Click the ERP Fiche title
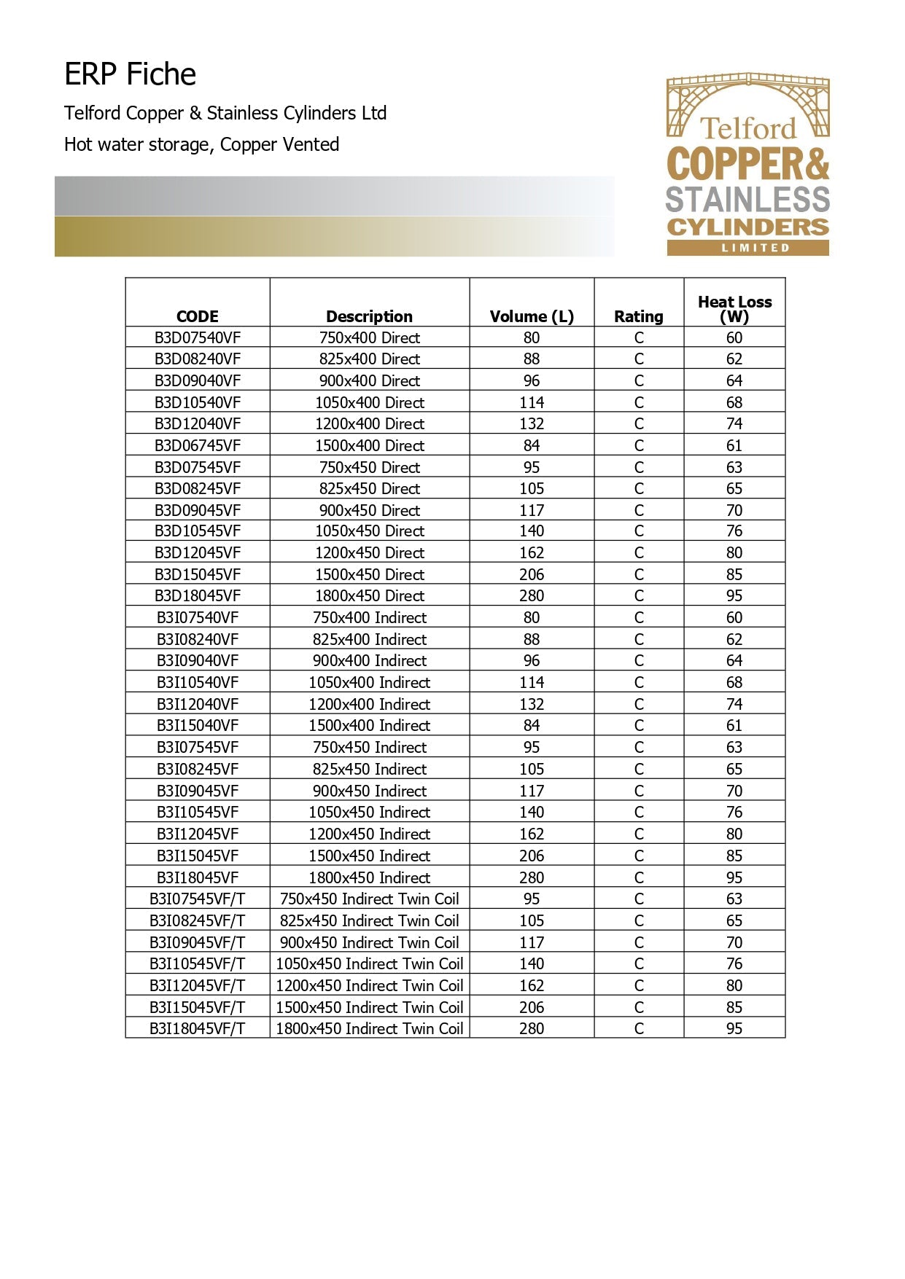[130, 74]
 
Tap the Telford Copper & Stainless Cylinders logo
[747, 163]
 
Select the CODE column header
[197, 316]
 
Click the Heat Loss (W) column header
[734, 309]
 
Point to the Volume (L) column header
[532, 316]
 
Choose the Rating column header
[638, 316]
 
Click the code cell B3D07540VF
[197, 337]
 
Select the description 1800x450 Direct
[369, 595]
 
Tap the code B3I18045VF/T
[197, 1028]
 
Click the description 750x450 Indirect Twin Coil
[369, 899]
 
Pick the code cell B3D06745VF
[197, 445]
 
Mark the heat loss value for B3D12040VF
[734, 423]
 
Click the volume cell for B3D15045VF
[532, 574]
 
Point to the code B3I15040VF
[197, 725]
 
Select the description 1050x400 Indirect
[369, 682]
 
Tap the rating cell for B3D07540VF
[639, 337]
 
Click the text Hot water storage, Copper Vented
[201, 144]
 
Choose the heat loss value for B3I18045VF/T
[734, 1028]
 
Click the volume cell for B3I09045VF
[532, 791]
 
